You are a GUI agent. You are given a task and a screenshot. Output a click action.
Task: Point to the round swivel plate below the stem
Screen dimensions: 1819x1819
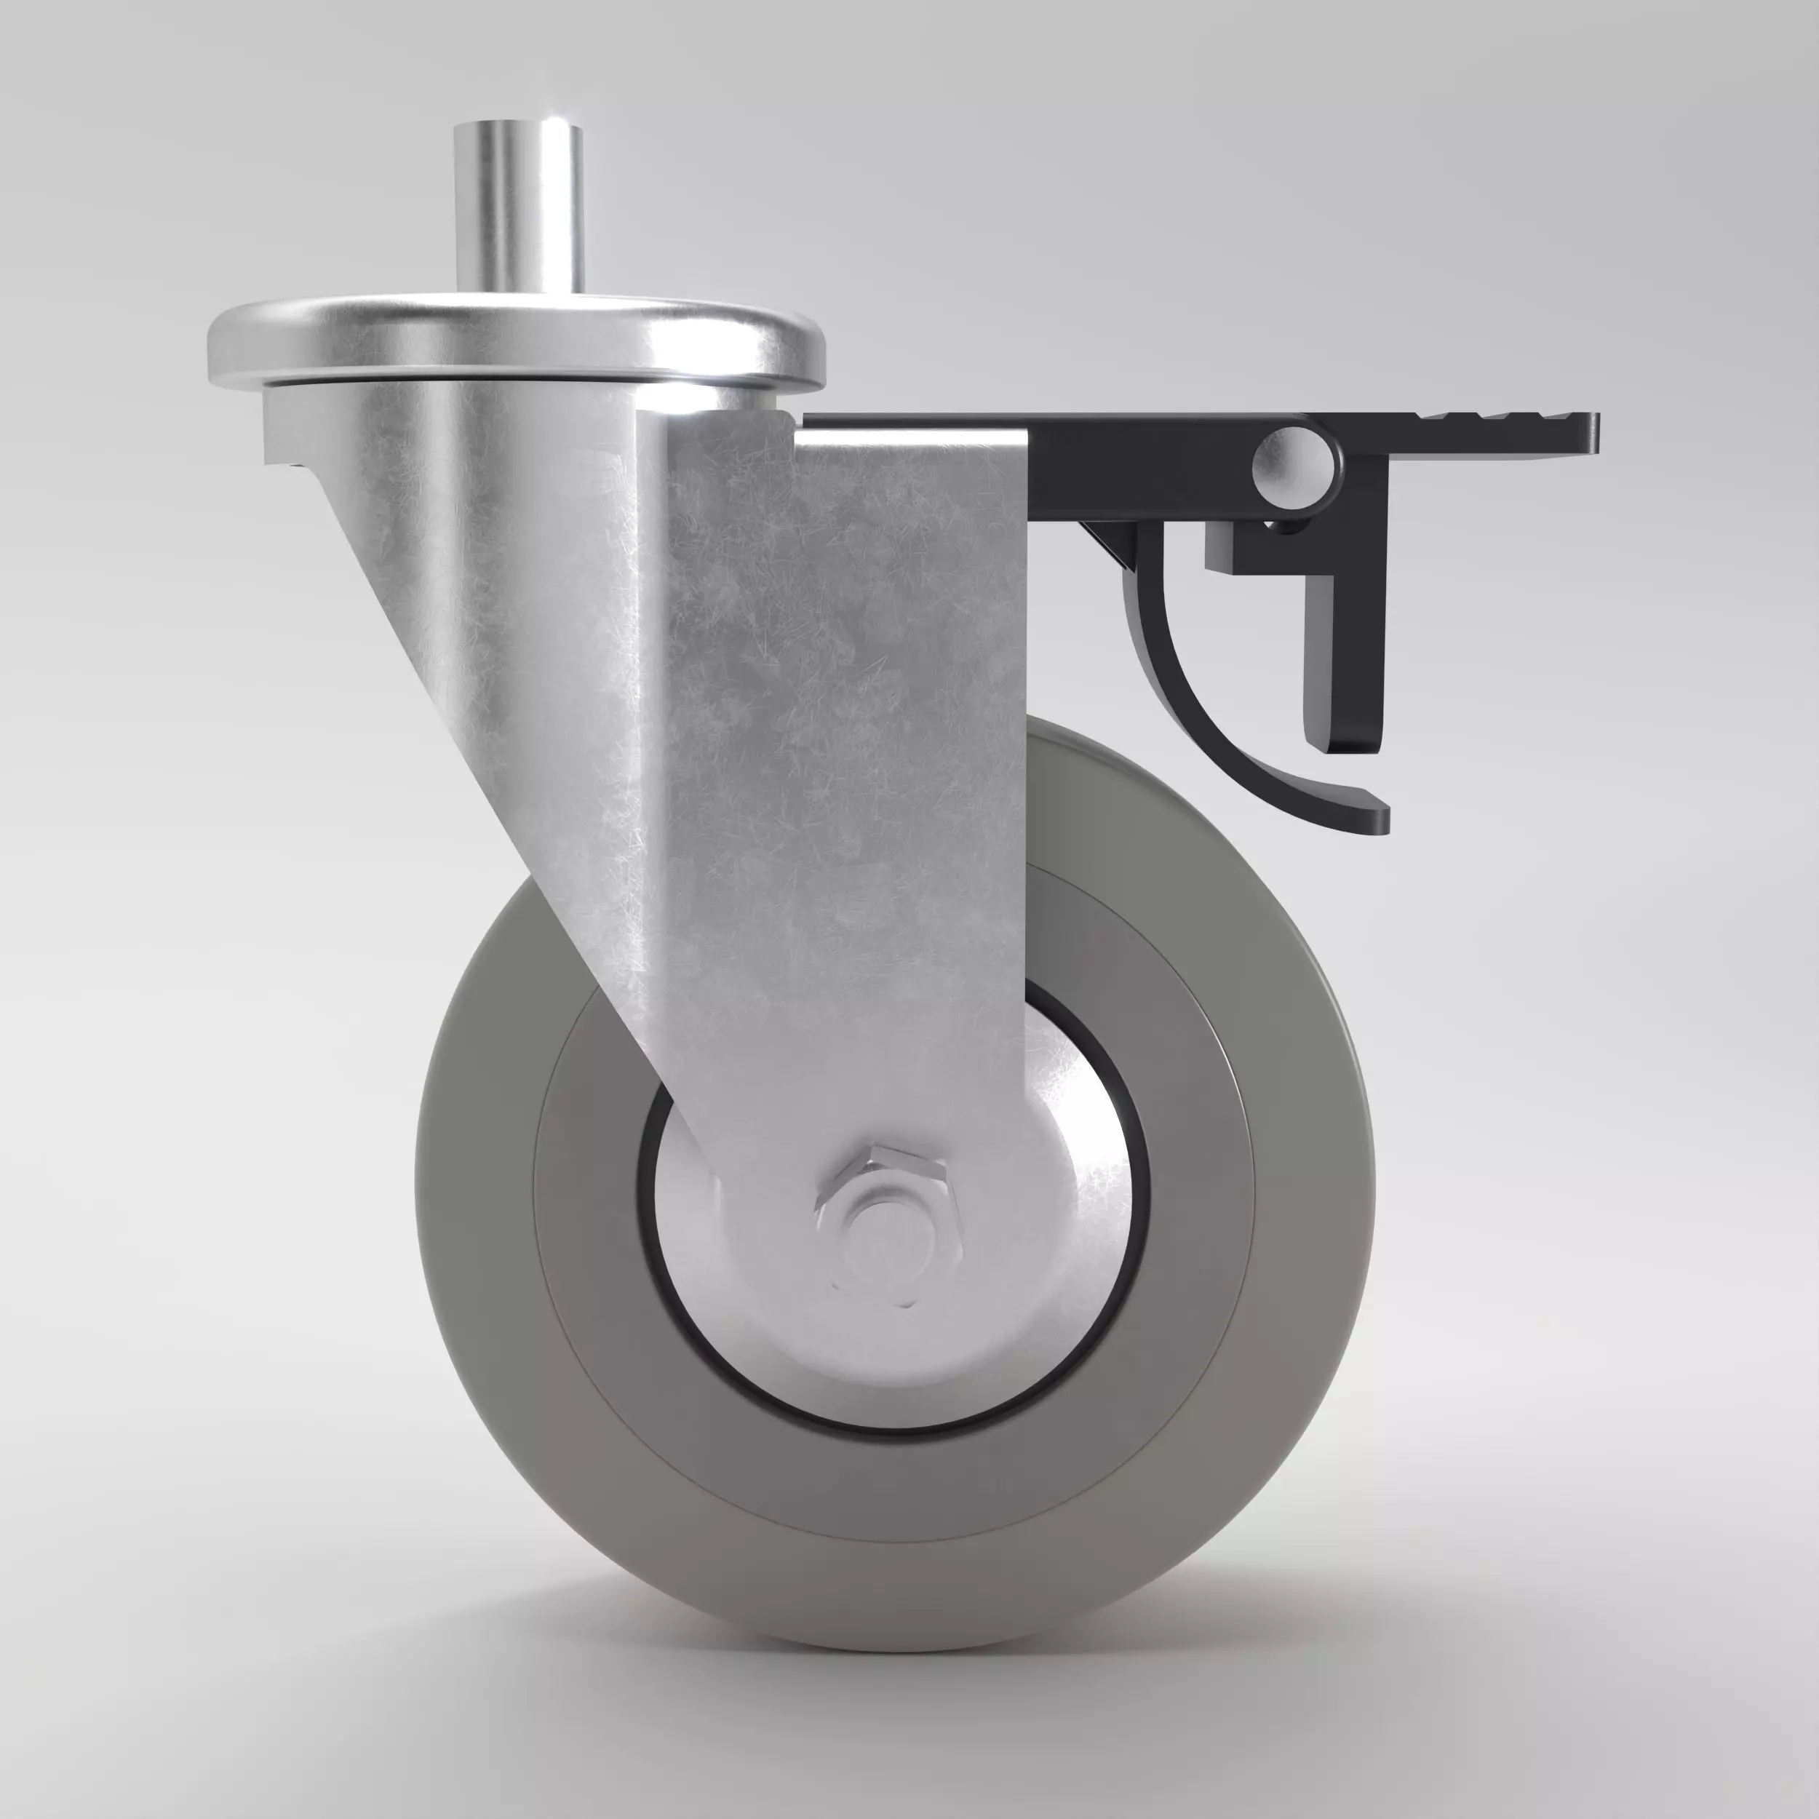516,343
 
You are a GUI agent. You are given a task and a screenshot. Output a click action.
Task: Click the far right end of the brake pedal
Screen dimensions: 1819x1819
1591,433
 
